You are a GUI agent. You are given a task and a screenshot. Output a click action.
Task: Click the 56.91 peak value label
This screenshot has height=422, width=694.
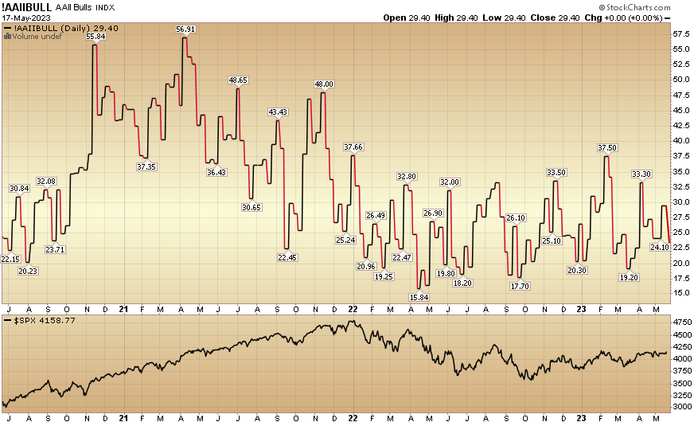pyautogui.click(x=185, y=29)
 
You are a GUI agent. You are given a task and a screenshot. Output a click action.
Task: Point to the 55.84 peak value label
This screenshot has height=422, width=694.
pyautogui.click(x=96, y=37)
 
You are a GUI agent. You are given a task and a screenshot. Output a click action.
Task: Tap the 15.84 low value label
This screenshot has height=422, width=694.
pyautogui.click(x=419, y=297)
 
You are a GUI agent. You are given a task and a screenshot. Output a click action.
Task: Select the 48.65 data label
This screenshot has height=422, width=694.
pyautogui.click(x=238, y=80)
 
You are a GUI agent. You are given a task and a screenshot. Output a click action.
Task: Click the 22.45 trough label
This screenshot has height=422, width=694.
pyautogui.click(x=287, y=257)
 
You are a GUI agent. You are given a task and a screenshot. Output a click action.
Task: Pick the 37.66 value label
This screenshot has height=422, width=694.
pyautogui.click(x=353, y=147)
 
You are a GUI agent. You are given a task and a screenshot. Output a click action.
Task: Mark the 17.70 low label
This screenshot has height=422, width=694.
pyautogui.click(x=520, y=286)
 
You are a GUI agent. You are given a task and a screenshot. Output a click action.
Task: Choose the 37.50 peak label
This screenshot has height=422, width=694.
pyautogui.click(x=607, y=148)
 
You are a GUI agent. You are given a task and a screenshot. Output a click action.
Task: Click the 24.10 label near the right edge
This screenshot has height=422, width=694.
pyautogui.click(x=660, y=247)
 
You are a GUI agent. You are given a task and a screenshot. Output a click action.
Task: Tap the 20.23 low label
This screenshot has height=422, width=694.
pyautogui.click(x=28, y=271)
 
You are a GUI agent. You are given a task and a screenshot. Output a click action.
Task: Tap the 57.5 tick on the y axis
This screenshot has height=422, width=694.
pyautogui.click(x=681, y=35)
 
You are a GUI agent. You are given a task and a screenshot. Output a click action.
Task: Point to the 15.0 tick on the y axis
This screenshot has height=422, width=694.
pyautogui.click(x=681, y=293)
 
